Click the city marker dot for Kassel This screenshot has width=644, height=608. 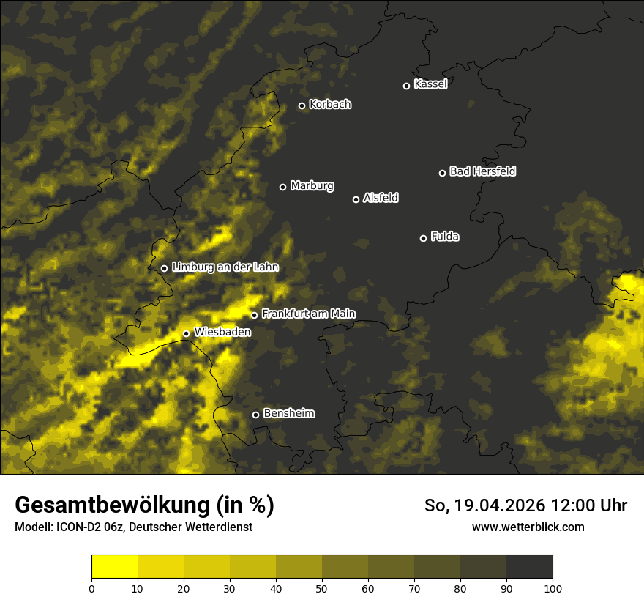click(x=406, y=86)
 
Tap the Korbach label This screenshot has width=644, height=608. click(x=330, y=105)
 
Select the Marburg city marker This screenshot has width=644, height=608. click(x=282, y=187)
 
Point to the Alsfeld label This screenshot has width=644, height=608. click(x=381, y=198)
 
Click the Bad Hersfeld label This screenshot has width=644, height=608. click(x=482, y=171)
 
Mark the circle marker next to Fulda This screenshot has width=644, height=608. click(x=423, y=238)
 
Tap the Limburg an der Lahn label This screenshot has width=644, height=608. click(x=225, y=267)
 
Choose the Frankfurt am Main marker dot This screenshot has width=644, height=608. click(x=254, y=315)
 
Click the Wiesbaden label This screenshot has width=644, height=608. click(x=222, y=332)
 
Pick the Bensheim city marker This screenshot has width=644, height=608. click(x=255, y=415)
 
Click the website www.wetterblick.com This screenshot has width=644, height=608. click(x=528, y=527)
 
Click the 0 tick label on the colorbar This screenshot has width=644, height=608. click(x=91, y=587)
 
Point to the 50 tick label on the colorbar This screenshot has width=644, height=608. click(x=322, y=587)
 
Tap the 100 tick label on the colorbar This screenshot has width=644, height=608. click(x=553, y=587)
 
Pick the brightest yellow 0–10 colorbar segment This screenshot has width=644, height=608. click(x=114, y=567)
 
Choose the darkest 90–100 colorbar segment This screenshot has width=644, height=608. click(x=529, y=567)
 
